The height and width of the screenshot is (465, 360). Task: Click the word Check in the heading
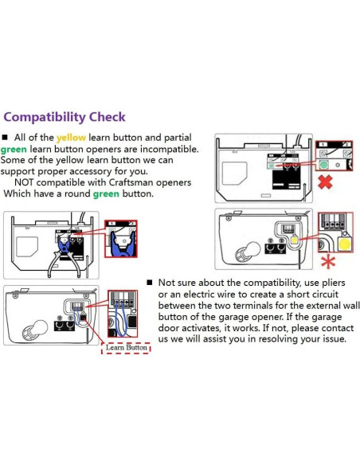click(x=108, y=116)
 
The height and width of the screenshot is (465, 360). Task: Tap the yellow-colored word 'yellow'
click(x=71, y=138)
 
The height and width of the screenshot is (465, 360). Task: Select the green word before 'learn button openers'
click(x=14, y=149)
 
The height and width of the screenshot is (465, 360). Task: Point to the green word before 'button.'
click(x=106, y=194)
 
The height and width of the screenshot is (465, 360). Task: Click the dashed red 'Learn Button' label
click(x=126, y=348)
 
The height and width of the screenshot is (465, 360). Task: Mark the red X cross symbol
click(x=325, y=182)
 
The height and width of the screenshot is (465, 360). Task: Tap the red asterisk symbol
click(x=328, y=262)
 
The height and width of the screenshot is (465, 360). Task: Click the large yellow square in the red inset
click(x=345, y=244)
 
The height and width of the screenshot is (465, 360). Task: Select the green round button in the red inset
click(x=323, y=164)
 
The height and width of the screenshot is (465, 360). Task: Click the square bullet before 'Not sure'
click(x=150, y=283)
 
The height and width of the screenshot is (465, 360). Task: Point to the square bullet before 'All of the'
click(x=5, y=137)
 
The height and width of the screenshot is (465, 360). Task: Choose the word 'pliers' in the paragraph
click(x=334, y=283)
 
